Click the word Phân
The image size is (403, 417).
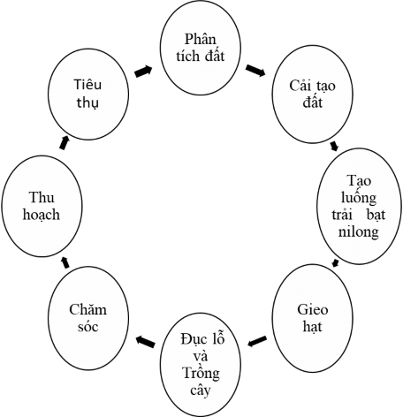pos(201,41)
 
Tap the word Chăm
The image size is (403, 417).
pos(87,310)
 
